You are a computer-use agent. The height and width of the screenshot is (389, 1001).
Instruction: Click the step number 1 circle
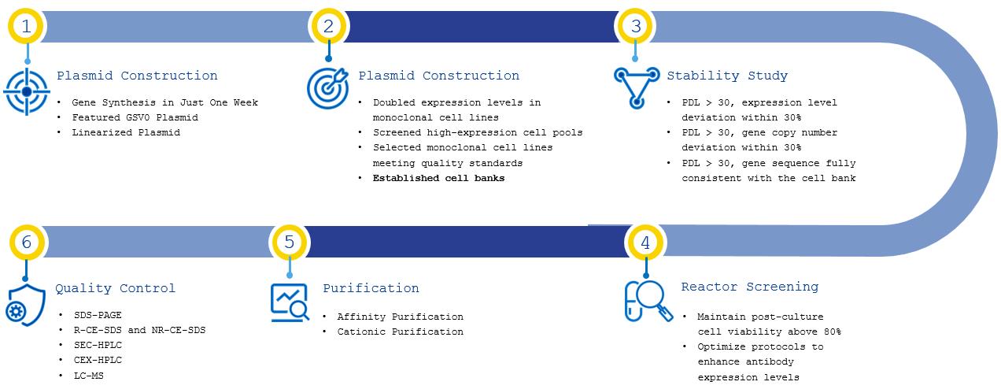[26, 26]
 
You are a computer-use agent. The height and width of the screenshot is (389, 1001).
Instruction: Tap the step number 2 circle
[328, 26]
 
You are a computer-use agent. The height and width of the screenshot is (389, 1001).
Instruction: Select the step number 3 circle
[635, 26]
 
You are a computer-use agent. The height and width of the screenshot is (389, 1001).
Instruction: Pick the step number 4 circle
[645, 243]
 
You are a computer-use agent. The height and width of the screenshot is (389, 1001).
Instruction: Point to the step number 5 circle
[289, 242]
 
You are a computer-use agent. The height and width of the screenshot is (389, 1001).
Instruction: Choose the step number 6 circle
[27, 242]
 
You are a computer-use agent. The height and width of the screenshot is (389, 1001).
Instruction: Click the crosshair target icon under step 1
[27, 91]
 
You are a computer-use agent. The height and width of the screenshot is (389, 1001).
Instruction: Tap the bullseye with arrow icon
[327, 88]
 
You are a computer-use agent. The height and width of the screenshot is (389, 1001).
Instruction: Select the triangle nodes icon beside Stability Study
[637, 87]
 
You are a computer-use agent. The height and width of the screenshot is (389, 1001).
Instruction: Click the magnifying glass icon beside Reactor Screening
[648, 301]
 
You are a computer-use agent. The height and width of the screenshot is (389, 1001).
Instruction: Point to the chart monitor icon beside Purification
[290, 302]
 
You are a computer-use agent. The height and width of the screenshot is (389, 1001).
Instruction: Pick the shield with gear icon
[25, 305]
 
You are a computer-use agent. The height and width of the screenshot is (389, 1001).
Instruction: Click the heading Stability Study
[727, 76]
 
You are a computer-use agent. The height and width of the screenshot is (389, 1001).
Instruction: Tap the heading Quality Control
[116, 288]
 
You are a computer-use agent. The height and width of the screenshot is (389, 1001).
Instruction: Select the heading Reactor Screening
[750, 287]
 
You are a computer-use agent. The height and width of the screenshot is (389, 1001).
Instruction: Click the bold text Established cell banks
[439, 178]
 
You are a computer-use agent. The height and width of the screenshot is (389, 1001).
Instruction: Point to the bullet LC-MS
[88, 376]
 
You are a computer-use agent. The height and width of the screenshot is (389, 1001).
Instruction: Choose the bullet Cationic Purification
[401, 332]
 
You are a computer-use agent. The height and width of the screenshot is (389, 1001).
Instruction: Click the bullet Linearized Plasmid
[126, 132]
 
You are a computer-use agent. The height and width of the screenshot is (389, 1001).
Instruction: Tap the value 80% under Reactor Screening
[832, 332]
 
